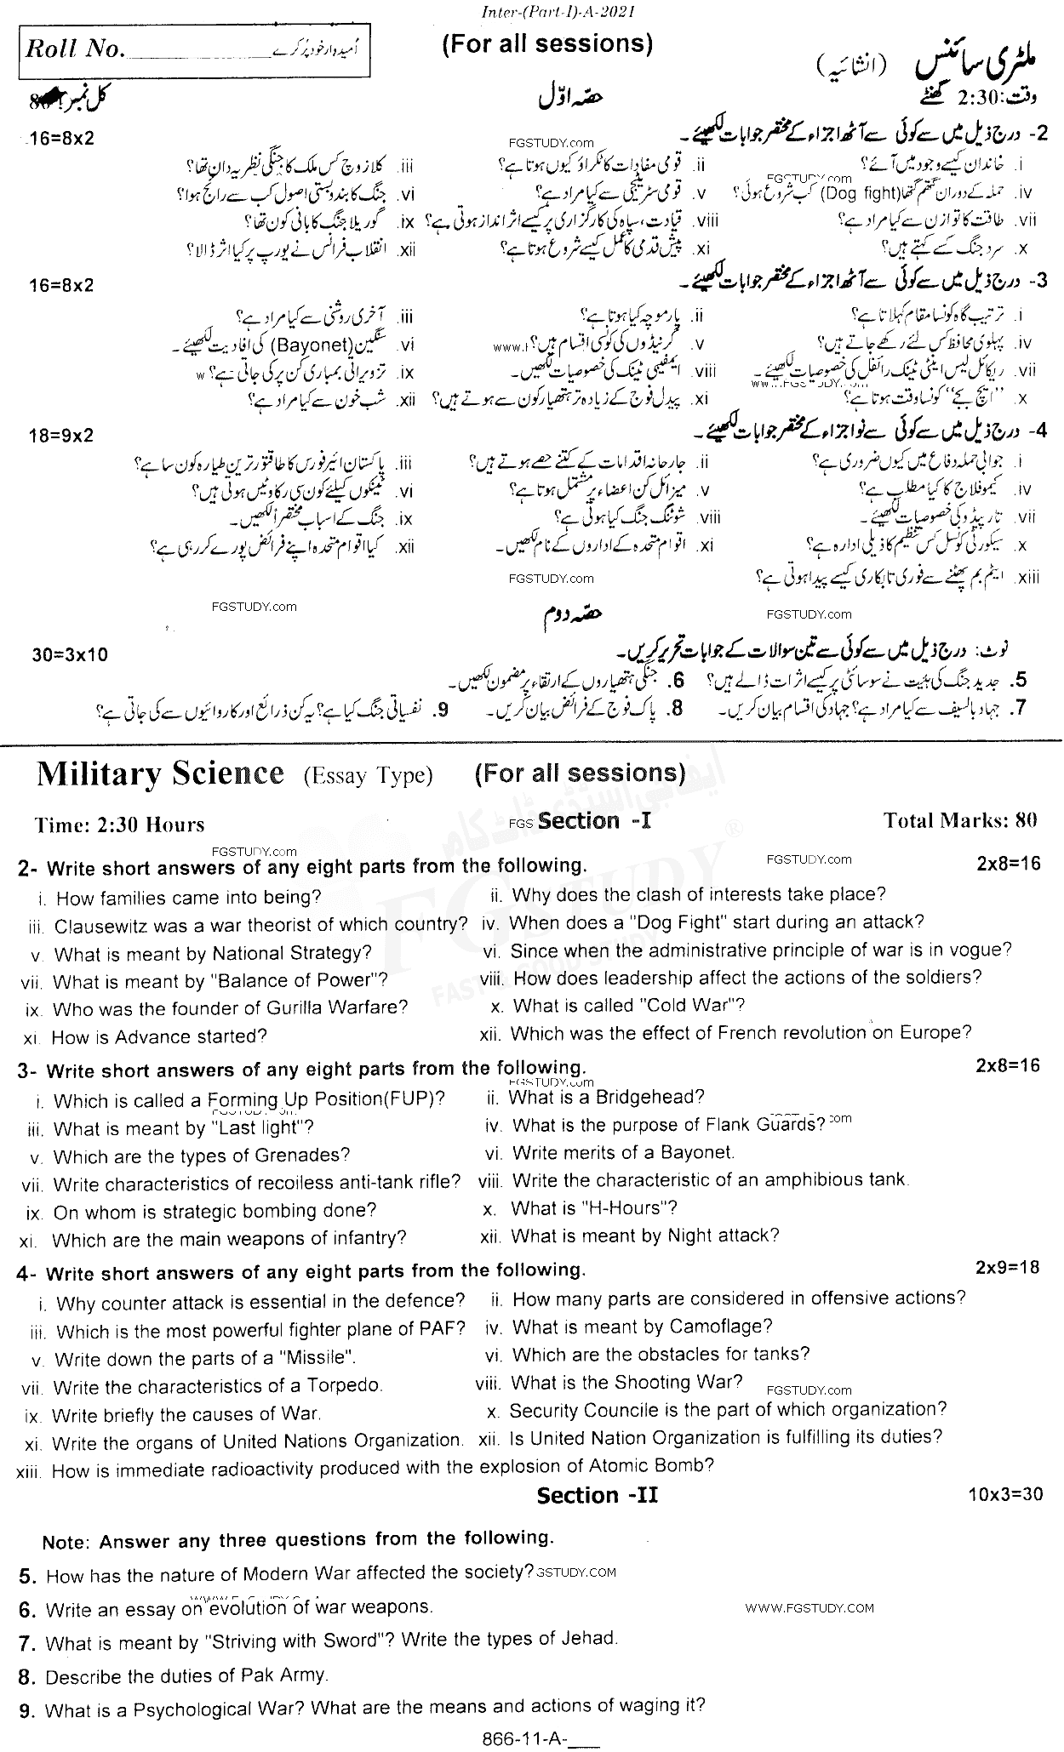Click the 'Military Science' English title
160,773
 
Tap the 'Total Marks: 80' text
961,820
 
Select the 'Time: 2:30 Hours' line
120,825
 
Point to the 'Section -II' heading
597,1496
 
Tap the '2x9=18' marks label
1008,1267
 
